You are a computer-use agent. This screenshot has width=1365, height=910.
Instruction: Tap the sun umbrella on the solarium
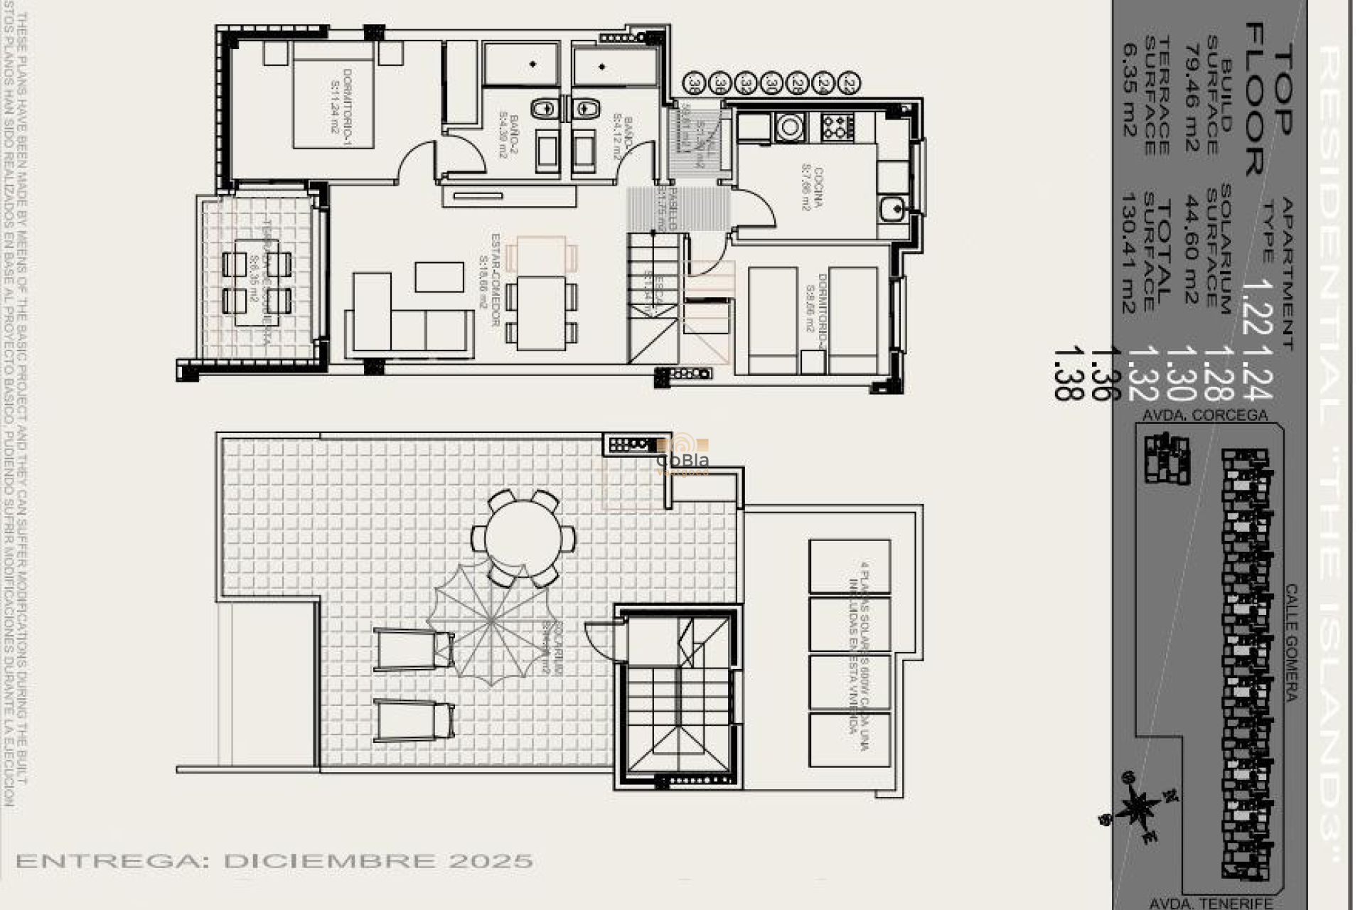[x=491, y=623]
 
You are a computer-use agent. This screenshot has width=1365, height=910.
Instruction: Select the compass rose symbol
[x=1137, y=808]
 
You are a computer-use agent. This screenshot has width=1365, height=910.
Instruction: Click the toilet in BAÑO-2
[x=545, y=109]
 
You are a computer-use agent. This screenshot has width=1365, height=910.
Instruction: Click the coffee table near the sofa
[x=439, y=277]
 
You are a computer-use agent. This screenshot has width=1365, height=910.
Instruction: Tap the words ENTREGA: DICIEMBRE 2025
[x=274, y=861]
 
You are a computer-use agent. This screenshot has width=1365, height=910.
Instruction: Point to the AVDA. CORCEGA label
[x=1204, y=415]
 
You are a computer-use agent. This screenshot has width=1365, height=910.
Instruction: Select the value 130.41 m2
[x=1128, y=252]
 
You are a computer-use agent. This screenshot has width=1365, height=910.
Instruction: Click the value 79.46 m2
[x=1194, y=98]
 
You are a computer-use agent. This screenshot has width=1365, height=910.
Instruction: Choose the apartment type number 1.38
[x=1066, y=373]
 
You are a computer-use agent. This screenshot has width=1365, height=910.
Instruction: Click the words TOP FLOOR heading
[x=1269, y=100]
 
